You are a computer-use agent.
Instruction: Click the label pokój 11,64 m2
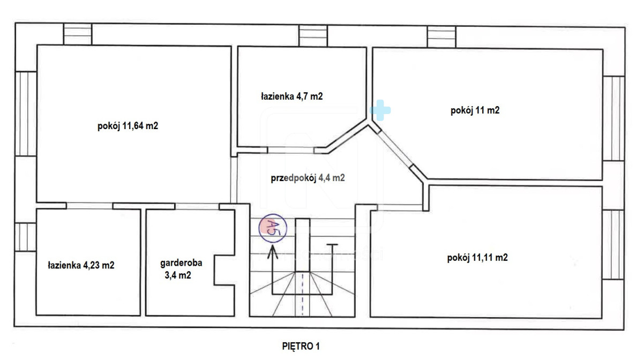click(128, 126)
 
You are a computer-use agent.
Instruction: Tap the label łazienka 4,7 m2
click(291, 96)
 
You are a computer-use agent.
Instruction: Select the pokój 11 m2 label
click(475, 110)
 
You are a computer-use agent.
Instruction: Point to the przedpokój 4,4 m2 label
click(308, 178)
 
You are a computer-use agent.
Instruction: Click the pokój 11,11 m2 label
click(477, 258)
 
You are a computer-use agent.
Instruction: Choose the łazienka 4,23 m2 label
click(81, 265)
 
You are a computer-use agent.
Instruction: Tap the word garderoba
click(181, 262)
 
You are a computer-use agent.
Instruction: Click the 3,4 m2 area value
click(178, 275)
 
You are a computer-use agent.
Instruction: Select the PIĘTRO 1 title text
click(301, 346)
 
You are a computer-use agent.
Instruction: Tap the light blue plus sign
click(380, 110)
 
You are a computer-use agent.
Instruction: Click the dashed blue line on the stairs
click(303, 294)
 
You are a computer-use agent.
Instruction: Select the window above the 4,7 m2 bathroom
click(313, 35)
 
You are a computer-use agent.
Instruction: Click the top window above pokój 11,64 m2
click(78, 34)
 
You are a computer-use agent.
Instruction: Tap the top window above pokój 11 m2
click(441, 37)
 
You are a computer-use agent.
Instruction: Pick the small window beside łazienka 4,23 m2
click(25, 237)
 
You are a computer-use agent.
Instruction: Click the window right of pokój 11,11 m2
click(613, 245)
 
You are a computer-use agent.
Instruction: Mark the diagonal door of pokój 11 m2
click(395, 149)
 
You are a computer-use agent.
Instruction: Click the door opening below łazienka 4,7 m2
click(290, 150)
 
